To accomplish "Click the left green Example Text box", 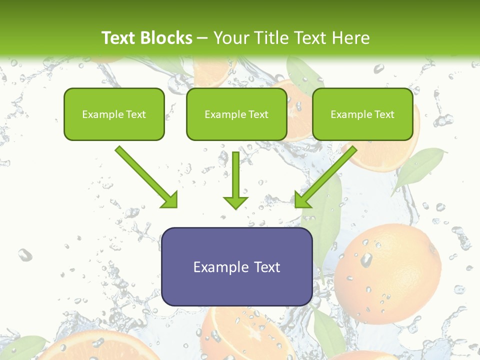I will (114, 114).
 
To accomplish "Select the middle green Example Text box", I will (236, 114).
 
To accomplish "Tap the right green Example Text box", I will (362, 114).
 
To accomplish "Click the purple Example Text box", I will (236, 266).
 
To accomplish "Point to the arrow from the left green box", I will (146, 176).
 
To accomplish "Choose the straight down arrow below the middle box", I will (235, 180).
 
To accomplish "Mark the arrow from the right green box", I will (326, 176).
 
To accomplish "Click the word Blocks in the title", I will (166, 38).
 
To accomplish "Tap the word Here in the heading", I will (350, 38).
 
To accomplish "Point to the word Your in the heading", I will (229, 38).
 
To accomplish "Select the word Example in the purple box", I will (214, 267).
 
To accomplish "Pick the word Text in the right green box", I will (384, 114).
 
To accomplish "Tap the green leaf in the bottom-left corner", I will (25, 347).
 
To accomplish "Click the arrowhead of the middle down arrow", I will (235, 202).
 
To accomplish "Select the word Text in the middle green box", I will (258, 114).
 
